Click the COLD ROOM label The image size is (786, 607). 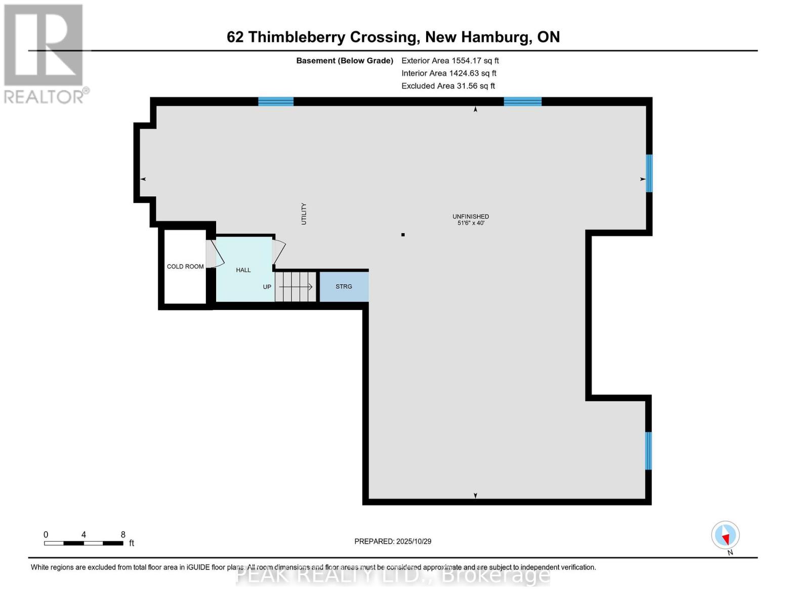(x=185, y=267)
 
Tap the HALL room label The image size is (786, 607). (x=243, y=270)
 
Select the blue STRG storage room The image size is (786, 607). (x=344, y=287)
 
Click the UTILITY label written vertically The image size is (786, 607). (x=304, y=213)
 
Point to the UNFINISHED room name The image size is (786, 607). (x=471, y=216)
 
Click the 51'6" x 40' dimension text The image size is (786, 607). (x=471, y=223)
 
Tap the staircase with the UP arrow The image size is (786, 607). (x=296, y=287)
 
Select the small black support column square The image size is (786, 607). (x=403, y=235)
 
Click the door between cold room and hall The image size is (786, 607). (x=215, y=254)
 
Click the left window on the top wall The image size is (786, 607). (x=276, y=102)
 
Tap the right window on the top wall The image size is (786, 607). (x=522, y=102)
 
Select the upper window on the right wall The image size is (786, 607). (x=649, y=174)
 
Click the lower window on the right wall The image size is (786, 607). (x=648, y=451)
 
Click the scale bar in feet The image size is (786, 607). (x=84, y=543)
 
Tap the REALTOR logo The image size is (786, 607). (x=45, y=53)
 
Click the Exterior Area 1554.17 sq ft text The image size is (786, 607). (x=450, y=61)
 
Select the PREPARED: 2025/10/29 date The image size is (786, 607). (x=393, y=541)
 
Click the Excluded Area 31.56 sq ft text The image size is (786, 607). (x=448, y=86)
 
